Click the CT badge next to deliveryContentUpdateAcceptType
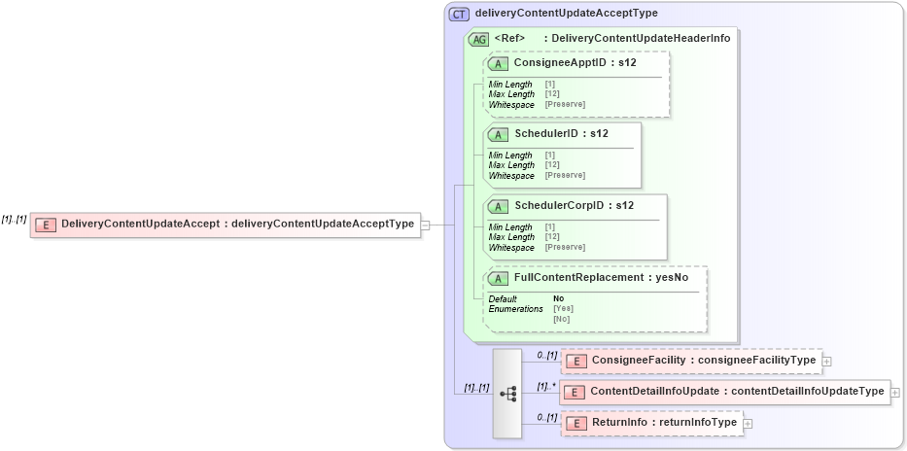(x=459, y=14)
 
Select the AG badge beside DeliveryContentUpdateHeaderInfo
(x=478, y=39)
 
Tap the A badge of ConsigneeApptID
(x=498, y=63)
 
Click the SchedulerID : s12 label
(x=561, y=133)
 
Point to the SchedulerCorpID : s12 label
(x=574, y=205)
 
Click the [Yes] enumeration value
(x=563, y=308)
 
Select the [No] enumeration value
(x=561, y=319)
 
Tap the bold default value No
(x=558, y=298)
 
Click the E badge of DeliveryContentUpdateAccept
(x=45, y=225)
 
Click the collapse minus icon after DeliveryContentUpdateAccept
(x=425, y=225)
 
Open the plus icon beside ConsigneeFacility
(x=826, y=361)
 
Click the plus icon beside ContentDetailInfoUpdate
(x=894, y=392)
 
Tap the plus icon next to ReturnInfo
(x=748, y=423)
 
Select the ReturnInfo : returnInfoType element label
(x=664, y=423)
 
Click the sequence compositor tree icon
(x=507, y=393)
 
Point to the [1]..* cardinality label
(x=546, y=386)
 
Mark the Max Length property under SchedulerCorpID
(x=511, y=237)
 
